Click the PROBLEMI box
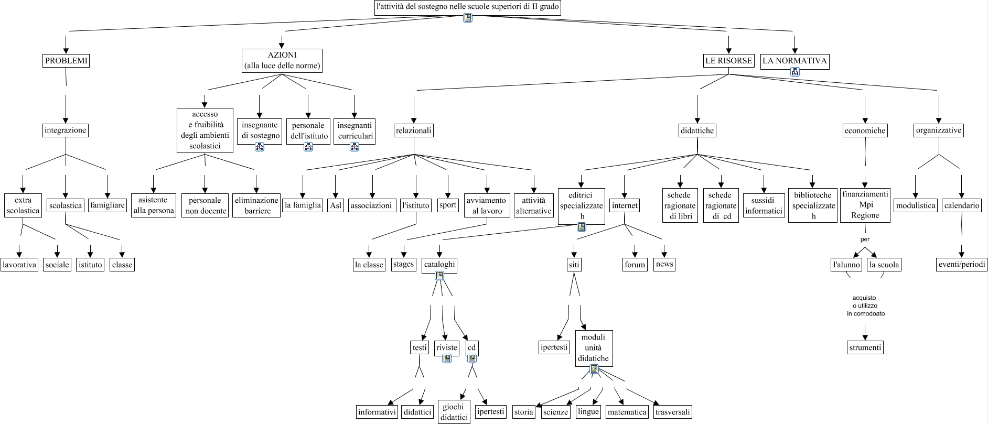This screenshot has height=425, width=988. coord(66,61)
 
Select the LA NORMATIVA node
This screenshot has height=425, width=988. coord(794,61)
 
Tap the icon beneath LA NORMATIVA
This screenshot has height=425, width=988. coord(795,72)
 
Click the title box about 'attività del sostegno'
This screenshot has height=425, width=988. coord(468,7)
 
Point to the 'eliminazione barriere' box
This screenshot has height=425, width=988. coord(256,205)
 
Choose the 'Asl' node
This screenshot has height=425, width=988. coord(336,205)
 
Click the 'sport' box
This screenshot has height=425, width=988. coord(448,205)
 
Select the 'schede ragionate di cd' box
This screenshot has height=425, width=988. coord(721,205)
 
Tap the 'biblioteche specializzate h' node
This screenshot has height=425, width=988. coord(813,205)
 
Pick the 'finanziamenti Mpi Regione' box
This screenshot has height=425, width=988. coord(865,205)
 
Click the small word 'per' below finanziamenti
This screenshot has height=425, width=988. coord(865,239)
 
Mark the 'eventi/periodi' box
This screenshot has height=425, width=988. coord(962,265)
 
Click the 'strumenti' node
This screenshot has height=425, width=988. coord(865,347)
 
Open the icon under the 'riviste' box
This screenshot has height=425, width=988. coord(447,358)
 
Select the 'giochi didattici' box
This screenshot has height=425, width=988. coord(454,412)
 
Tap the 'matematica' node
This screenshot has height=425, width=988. coord(627,412)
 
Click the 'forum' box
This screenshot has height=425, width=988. coord(635,265)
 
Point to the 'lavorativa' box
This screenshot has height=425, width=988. coord(19,265)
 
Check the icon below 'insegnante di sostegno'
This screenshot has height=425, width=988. coord(260,147)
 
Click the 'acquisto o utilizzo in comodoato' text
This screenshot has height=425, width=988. coord(865,306)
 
